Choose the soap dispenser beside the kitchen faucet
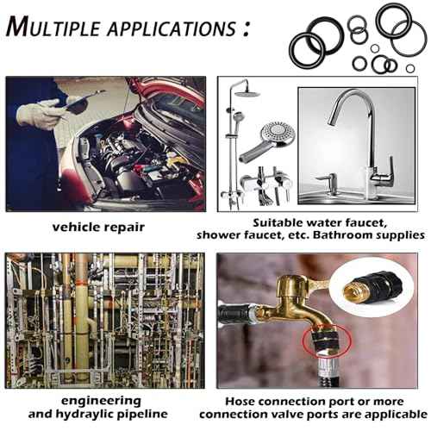click(x=324, y=184)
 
